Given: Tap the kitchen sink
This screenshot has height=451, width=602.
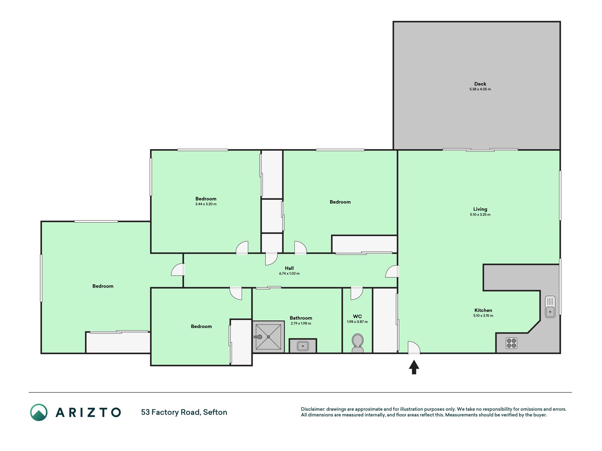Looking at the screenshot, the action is (x=550, y=307).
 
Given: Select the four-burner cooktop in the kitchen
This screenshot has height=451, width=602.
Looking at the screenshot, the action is (x=511, y=343).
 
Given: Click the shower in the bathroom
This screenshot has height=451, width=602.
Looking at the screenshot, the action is (x=268, y=337).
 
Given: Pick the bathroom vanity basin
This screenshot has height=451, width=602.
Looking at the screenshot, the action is (x=303, y=346).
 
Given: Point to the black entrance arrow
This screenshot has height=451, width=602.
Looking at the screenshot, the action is (x=414, y=367).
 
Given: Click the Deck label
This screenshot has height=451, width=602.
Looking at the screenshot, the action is (x=480, y=84).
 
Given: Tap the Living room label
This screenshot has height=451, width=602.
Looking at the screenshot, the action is (x=480, y=209).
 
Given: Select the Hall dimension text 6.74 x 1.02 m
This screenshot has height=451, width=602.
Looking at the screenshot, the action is (x=289, y=273).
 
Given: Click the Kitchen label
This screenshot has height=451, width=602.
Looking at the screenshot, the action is (x=483, y=310).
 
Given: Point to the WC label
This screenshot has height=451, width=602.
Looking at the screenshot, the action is (x=357, y=316).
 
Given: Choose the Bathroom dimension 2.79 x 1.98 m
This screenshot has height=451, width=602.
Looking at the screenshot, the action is (x=301, y=323).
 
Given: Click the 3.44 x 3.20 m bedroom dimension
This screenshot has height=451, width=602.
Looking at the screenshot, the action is (x=206, y=204).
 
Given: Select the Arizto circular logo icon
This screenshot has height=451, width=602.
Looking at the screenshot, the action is (x=39, y=412).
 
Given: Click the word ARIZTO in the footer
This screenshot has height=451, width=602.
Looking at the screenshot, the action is (x=88, y=412).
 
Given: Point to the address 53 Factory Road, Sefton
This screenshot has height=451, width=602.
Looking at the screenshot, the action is (x=184, y=412).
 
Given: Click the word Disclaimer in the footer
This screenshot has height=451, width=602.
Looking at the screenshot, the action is (x=313, y=409).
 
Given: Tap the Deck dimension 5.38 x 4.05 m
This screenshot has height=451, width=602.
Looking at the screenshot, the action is (x=480, y=89).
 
